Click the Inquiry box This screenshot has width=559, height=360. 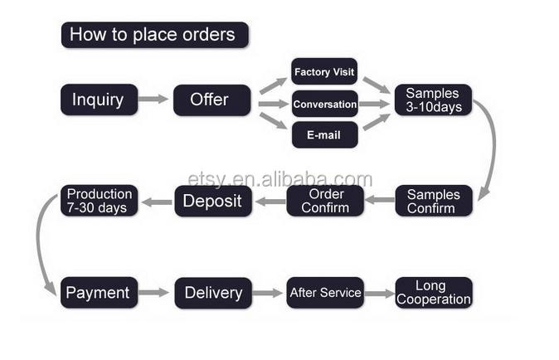point(98,100)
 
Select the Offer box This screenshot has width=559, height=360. point(211,100)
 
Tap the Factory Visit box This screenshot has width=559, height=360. point(324,72)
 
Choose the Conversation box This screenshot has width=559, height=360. point(324,105)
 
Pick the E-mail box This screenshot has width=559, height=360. point(324,134)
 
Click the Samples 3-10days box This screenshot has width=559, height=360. point(433,100)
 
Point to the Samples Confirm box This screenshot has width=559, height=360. point(433,201)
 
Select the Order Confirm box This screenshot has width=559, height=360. point(324,201)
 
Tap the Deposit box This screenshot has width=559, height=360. point(211,201)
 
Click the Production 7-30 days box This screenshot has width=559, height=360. point(99,201)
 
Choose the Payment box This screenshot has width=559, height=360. point(98,293)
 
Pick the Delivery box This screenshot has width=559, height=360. point(212,293)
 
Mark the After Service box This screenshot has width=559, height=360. point(324,293)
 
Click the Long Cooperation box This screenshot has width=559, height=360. point(433,293)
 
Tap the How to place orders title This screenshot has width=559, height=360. point(154,35)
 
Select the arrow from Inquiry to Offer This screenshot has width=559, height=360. point(153,100)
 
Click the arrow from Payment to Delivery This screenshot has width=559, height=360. point(154,293)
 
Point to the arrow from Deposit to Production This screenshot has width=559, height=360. point(155,201)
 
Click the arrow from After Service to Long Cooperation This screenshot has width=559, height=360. point(379,293)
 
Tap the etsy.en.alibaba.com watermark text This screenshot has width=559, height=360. point(280,179)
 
